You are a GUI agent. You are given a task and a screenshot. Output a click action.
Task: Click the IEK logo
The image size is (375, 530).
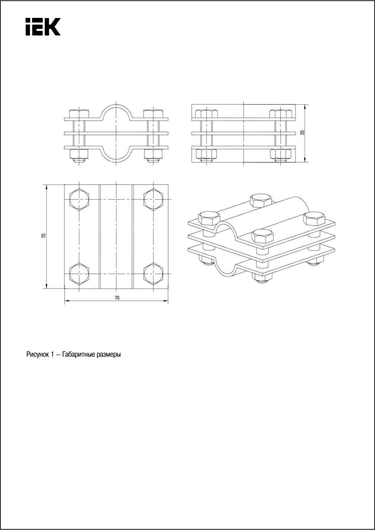43,27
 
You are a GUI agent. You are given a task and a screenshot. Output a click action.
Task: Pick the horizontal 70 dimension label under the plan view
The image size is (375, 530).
117,298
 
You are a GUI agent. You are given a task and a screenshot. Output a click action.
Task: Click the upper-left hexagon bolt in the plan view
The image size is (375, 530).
79,199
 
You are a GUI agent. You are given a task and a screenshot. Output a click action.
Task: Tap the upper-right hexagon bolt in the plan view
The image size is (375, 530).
153,199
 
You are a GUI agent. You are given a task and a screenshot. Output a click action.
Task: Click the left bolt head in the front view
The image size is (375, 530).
79,114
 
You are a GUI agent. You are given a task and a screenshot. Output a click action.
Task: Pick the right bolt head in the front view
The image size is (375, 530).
153,114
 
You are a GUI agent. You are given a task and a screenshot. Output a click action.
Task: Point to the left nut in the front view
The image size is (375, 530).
79,153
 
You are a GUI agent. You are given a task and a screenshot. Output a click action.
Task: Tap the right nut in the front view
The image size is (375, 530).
153,153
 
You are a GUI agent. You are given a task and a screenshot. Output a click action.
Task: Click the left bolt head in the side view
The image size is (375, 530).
207,114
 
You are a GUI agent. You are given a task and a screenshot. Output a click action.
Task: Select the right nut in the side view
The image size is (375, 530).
281,153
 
